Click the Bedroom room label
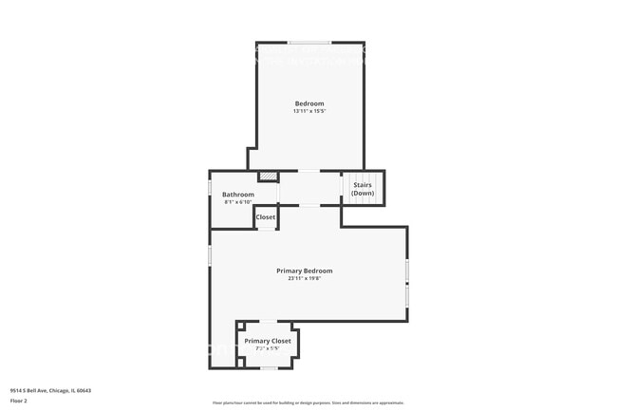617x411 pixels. point(309,103)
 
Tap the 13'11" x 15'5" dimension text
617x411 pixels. point(309,112)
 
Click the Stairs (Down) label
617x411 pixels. point(363,190)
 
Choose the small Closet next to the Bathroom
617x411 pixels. point(266,217)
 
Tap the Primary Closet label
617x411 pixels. point(268,341)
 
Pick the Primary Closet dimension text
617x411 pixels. point(268,348)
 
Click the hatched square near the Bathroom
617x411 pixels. point(269,176)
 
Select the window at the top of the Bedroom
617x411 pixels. point(310,42)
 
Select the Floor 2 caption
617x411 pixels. point(20,402)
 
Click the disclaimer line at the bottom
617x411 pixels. point(308,403)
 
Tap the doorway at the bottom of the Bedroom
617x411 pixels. point(309,171)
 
